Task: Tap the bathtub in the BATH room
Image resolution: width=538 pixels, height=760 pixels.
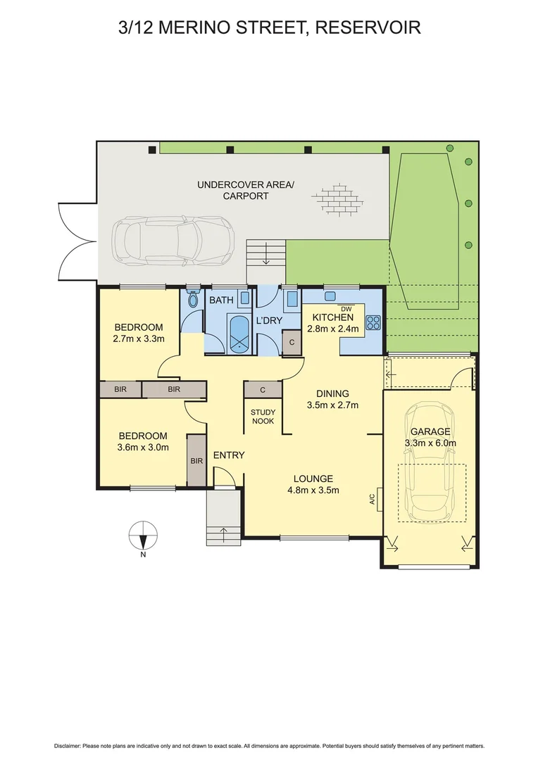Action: (x=240, y=334)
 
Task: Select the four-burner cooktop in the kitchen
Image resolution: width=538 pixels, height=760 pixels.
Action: (x=373, y=323)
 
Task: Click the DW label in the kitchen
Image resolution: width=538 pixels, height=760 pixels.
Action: (x=345, y=309)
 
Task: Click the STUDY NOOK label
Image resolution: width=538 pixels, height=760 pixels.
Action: (x=263, y=417)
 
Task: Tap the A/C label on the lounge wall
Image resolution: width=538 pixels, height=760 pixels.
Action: (x=371, y=500)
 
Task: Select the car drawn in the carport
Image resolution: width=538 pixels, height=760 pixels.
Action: (x=173, y=238)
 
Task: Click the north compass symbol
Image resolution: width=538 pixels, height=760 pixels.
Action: (x=143, y=537)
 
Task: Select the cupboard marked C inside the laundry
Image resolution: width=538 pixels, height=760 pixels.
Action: (x=292, y=343)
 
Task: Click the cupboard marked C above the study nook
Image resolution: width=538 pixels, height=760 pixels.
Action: (x=263, y=389)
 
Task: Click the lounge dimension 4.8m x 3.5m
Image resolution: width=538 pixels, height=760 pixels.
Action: (x=315, y=490)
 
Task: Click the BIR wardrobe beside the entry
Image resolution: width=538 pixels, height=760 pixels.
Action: (x=196, y=460)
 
